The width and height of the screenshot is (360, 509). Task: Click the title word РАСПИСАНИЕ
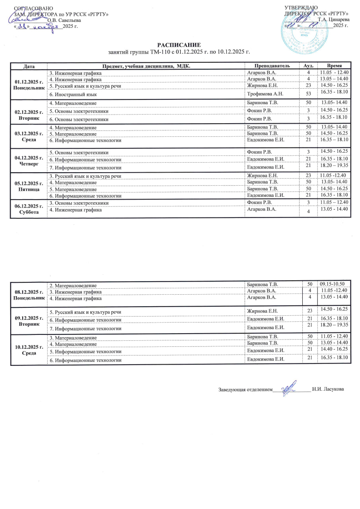[179, 45]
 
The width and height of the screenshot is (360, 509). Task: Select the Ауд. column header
[308, 66]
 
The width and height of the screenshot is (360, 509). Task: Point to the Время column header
[334, 66]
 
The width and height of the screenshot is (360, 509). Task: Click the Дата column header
[29, 66]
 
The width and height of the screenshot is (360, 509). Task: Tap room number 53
[308, 94]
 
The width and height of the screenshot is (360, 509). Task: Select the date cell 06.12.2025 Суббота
[29, 209]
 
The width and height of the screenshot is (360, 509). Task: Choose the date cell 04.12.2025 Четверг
[29, 161]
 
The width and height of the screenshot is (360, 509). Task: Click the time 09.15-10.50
[334, 284]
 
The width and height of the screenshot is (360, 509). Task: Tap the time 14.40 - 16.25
[334, 348]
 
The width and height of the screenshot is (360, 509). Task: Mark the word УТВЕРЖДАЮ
[301, 8]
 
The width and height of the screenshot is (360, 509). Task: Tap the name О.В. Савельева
[64, 20]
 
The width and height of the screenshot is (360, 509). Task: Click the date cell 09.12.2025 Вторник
[29, 321]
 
